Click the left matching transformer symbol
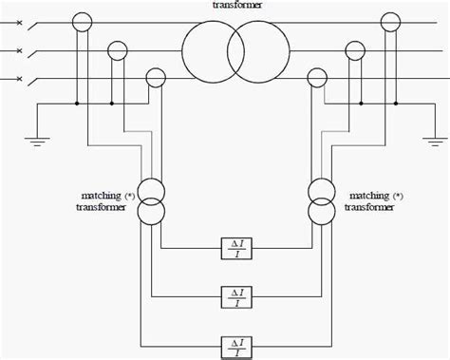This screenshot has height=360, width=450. click(x=149, y=199)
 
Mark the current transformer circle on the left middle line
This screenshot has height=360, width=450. click(x=118, y=49)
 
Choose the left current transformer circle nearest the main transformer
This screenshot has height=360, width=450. click(x=153, y=78)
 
